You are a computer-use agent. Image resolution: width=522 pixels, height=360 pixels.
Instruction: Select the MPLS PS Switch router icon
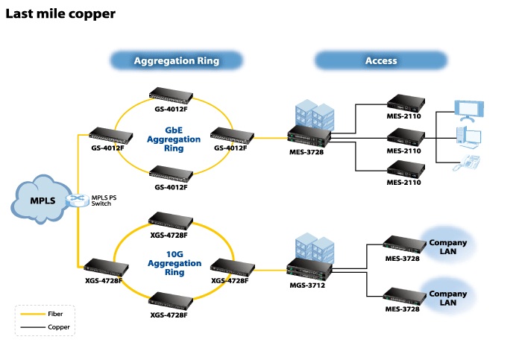click(x=77, y=200)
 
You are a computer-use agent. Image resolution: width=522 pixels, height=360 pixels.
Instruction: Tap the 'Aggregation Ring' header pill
click(x=177, y=60)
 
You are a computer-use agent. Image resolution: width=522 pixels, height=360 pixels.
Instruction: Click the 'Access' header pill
click(x=380, y=60)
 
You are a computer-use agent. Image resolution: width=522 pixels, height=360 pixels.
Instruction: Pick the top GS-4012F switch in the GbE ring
click(x=170, y=95)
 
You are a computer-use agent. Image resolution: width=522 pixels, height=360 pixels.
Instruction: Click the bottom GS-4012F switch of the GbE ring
click(x=170, y=172)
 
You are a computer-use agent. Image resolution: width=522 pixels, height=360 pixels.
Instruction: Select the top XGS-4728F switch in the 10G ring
click(x=170, y=220)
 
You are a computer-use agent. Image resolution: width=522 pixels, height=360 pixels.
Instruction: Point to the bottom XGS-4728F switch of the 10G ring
click(x=170, y=300)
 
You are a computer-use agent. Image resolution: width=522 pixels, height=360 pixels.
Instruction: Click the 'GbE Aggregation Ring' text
click(x=173, y=139)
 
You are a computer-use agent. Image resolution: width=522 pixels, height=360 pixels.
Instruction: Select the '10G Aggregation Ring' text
click(x=174, y=263)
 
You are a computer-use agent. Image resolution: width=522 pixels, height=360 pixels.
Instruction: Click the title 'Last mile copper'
click(x=60, y=13)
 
